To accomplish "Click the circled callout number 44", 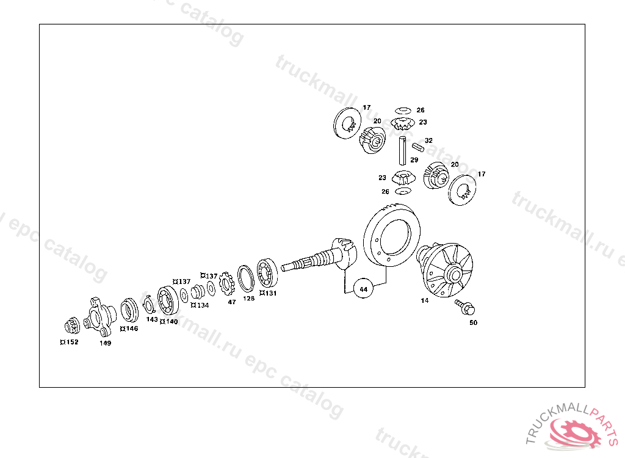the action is [364, 288].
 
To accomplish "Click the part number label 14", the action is [425, 300].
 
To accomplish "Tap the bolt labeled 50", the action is [466, 307].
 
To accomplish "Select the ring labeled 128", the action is [247, 278].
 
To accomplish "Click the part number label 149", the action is [106, 343].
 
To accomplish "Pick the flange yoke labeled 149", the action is [99, 316].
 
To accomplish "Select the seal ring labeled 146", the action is [129, 310].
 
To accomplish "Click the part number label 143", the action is [152, 319].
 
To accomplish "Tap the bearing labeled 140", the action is [168, 300].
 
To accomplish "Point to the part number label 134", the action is [202, 305].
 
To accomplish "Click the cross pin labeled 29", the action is [401, 150].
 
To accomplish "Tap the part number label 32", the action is [428, 140].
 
